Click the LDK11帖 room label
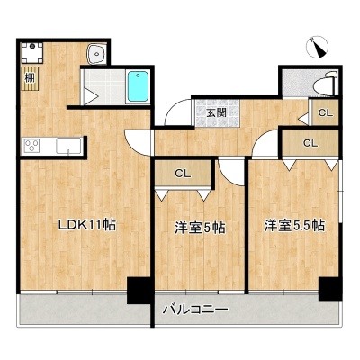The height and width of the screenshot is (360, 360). pos(87,225)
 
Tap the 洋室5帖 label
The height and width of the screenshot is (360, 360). pos(201,229)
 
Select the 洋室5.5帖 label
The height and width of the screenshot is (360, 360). pos(294,225)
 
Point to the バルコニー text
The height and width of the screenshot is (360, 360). pos(195,309)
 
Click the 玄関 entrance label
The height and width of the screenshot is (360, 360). pos(217,112)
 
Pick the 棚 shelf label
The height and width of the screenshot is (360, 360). pos(30,78)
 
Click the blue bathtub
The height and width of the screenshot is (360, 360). pos(138,86)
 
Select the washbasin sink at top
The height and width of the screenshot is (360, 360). pos(96,54)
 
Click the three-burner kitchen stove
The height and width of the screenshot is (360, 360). pos(31,147)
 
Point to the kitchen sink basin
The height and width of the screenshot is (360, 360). pos(68,146)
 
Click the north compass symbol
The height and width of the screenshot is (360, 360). pos(317,47)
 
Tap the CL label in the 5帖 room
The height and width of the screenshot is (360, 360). pos(183,174)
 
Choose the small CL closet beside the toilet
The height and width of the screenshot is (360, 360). pos(326,113)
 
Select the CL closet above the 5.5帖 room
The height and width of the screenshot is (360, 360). pos(310,143)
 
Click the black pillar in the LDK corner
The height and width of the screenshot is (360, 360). pos(139,291)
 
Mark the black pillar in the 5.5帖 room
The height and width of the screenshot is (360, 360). pos(330,289)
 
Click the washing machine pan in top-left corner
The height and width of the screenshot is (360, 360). pos(32,53)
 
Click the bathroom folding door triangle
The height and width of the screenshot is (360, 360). pos(91,96)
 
